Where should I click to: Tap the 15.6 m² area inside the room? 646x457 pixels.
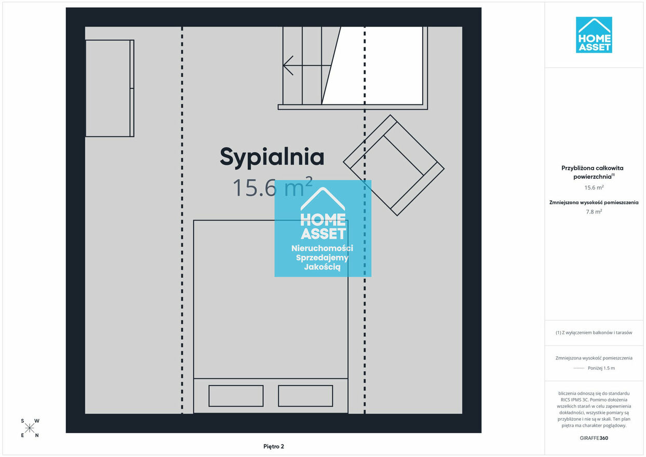[x=273, y=187]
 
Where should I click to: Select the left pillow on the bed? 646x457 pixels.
[x=236, y=396]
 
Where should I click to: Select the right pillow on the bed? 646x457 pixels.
[x=305, y=396]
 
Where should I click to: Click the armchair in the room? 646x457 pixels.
[x=394, y=165]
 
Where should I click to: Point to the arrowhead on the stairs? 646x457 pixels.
[x=288, y=65]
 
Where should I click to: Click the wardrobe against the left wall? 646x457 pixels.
[x=110, y=88]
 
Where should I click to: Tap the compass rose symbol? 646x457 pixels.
[x=30, y=428]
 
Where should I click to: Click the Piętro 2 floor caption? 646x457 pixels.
[x=274, y=447]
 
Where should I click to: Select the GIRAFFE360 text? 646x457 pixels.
[x=594, y=438]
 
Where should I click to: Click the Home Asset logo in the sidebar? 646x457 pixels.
[x=594, y=35]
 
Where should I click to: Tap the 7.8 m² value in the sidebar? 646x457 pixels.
[x=594, y=212]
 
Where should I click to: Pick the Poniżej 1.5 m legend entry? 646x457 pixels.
[x=601, y=368]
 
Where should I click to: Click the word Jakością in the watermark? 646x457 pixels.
[x=322, y=267]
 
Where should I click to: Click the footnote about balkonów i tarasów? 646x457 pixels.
[x=594, y=332]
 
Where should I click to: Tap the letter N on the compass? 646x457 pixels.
[x=37, y=435]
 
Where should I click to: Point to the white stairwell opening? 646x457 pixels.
[x=375, y=65]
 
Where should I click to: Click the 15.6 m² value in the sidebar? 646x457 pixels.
[x=594, y=187]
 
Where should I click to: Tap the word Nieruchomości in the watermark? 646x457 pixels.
[x=322, y=248]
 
